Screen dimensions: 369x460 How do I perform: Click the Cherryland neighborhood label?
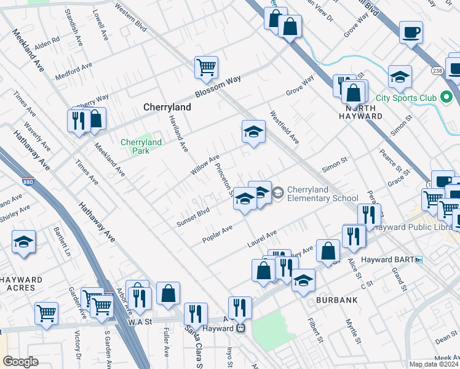(167, 107)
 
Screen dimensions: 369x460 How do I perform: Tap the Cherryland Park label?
(141, 146)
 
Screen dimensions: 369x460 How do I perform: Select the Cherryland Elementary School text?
(322, 194)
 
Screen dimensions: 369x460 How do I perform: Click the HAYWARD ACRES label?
(22, 284)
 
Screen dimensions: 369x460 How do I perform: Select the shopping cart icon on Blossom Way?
(207, 67)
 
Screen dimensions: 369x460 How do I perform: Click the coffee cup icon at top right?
(410, 32)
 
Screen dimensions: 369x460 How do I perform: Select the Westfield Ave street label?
(284, 128)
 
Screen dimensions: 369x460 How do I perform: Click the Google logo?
(20, 362)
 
